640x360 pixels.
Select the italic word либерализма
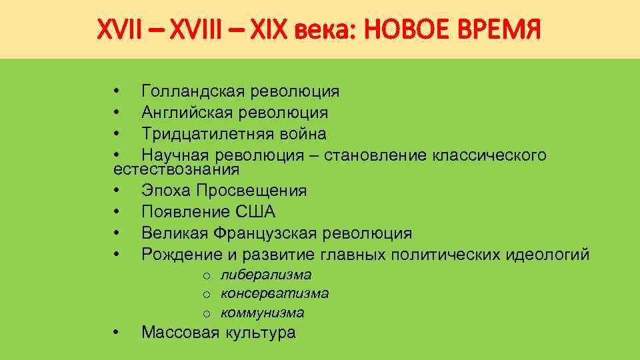click(266, 275)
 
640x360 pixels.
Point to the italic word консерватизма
click(275, 293)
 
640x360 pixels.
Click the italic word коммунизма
click(263, 312)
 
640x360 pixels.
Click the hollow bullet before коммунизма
click(207, 313)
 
